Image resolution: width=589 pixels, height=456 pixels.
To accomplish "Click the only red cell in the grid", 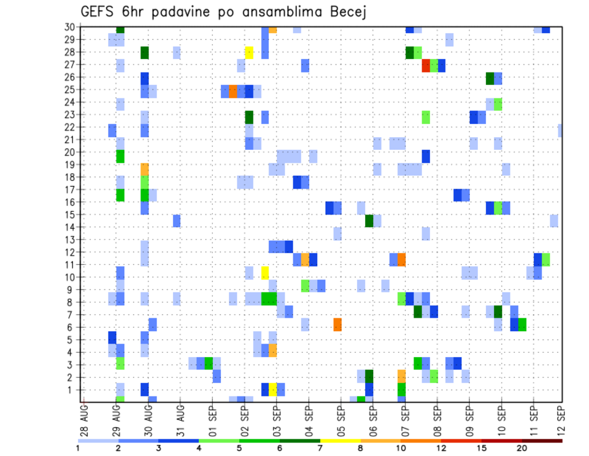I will click(425, 65).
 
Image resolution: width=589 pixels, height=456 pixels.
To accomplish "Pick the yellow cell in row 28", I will click(249, 52).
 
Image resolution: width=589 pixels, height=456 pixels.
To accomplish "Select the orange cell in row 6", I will click(337, 324).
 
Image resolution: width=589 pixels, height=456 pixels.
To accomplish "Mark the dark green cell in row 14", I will click(369, 221).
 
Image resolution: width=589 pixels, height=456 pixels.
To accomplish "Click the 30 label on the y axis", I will click(71, 27).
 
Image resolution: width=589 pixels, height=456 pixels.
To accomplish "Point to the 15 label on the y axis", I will click(71, 214).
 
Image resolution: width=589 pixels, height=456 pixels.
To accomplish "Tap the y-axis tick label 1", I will click(73, 390).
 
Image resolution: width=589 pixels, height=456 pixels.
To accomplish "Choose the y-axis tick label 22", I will click(71, 127).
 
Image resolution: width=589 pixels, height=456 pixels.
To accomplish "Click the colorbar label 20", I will click(522, 449).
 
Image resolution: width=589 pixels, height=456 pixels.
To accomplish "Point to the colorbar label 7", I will click(320, 449).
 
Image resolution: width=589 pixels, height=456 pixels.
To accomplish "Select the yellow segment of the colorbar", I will click(341, 441).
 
